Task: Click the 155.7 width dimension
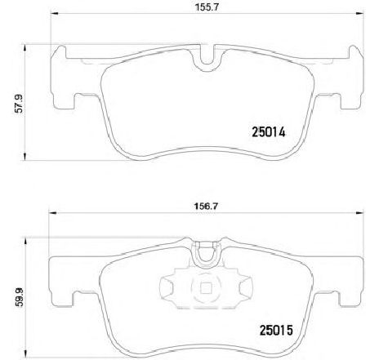tap(207, 7)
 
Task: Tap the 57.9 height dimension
tap(18, 104)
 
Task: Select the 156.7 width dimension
tap(206, 207)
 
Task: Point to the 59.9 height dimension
tap(19, 298)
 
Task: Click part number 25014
tap(269, 132)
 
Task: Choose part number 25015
tap(276, 331)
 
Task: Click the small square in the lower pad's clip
tap(206, 288)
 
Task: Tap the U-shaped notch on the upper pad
tap(207, 59)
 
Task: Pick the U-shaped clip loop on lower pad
tap(206, 256)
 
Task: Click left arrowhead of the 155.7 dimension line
tap(55, 13)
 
